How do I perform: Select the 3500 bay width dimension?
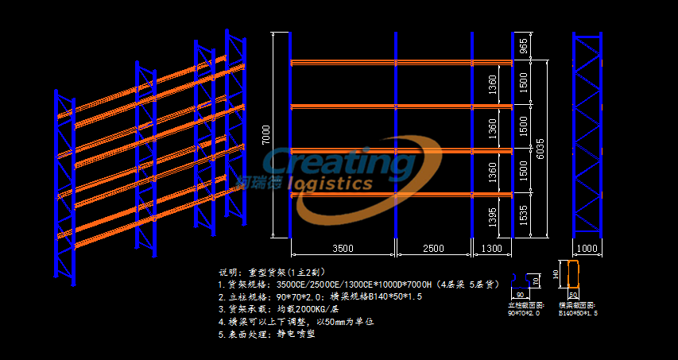(x=343, y=249)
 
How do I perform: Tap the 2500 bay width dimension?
(x=433, y=249)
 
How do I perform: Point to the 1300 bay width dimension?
(x=493, y=249)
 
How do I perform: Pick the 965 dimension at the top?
(x=523, y=46)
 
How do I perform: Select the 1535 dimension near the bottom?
(x=523, y=215)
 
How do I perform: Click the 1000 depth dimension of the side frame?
(x=587, y=249)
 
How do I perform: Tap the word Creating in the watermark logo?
(x=338, y=164)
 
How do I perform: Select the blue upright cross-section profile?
(x=521, y=280)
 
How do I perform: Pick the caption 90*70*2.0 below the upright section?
(x=523, y=313)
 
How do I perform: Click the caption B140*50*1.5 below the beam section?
(x=577, y=313)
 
